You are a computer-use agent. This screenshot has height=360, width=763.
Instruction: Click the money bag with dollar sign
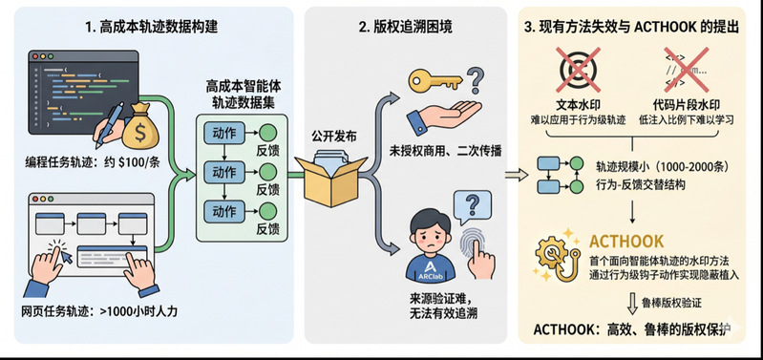[x=140, y=126]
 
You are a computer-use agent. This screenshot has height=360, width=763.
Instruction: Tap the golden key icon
[x=435, y=79]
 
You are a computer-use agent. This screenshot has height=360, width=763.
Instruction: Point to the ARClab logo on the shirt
[x=430, y=270]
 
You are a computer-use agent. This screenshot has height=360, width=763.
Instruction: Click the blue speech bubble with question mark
[x=471, y=207]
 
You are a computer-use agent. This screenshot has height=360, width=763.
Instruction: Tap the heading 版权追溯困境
[x=406, y=27]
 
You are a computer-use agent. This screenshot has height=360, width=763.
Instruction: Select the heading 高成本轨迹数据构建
[x=151, y=27]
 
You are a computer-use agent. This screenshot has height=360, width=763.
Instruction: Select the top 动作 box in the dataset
[x=224, y=133]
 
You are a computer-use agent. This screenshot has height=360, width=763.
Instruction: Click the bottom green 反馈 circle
[x=267, y=212]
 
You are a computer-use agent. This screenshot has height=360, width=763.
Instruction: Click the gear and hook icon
[x=559, y=255]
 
